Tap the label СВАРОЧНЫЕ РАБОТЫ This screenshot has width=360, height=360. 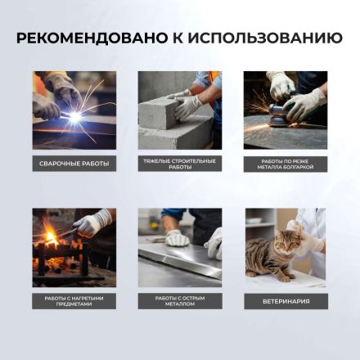click(74, 164)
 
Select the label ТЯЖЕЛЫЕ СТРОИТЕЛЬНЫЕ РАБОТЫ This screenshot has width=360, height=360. click(180, 164)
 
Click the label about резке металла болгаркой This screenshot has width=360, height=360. click(286, 164)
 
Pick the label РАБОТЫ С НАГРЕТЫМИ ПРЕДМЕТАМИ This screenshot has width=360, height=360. click(74, 300)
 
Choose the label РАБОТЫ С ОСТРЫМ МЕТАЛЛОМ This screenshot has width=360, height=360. click(180, 300)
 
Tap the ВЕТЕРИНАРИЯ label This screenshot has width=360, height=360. click(286, 300)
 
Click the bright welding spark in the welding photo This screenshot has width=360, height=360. click(74, 117)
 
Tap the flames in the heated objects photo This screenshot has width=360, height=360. click(51, 238)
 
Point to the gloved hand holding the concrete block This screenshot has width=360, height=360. click(187, 104)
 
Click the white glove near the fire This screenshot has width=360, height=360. click(92, 223)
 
